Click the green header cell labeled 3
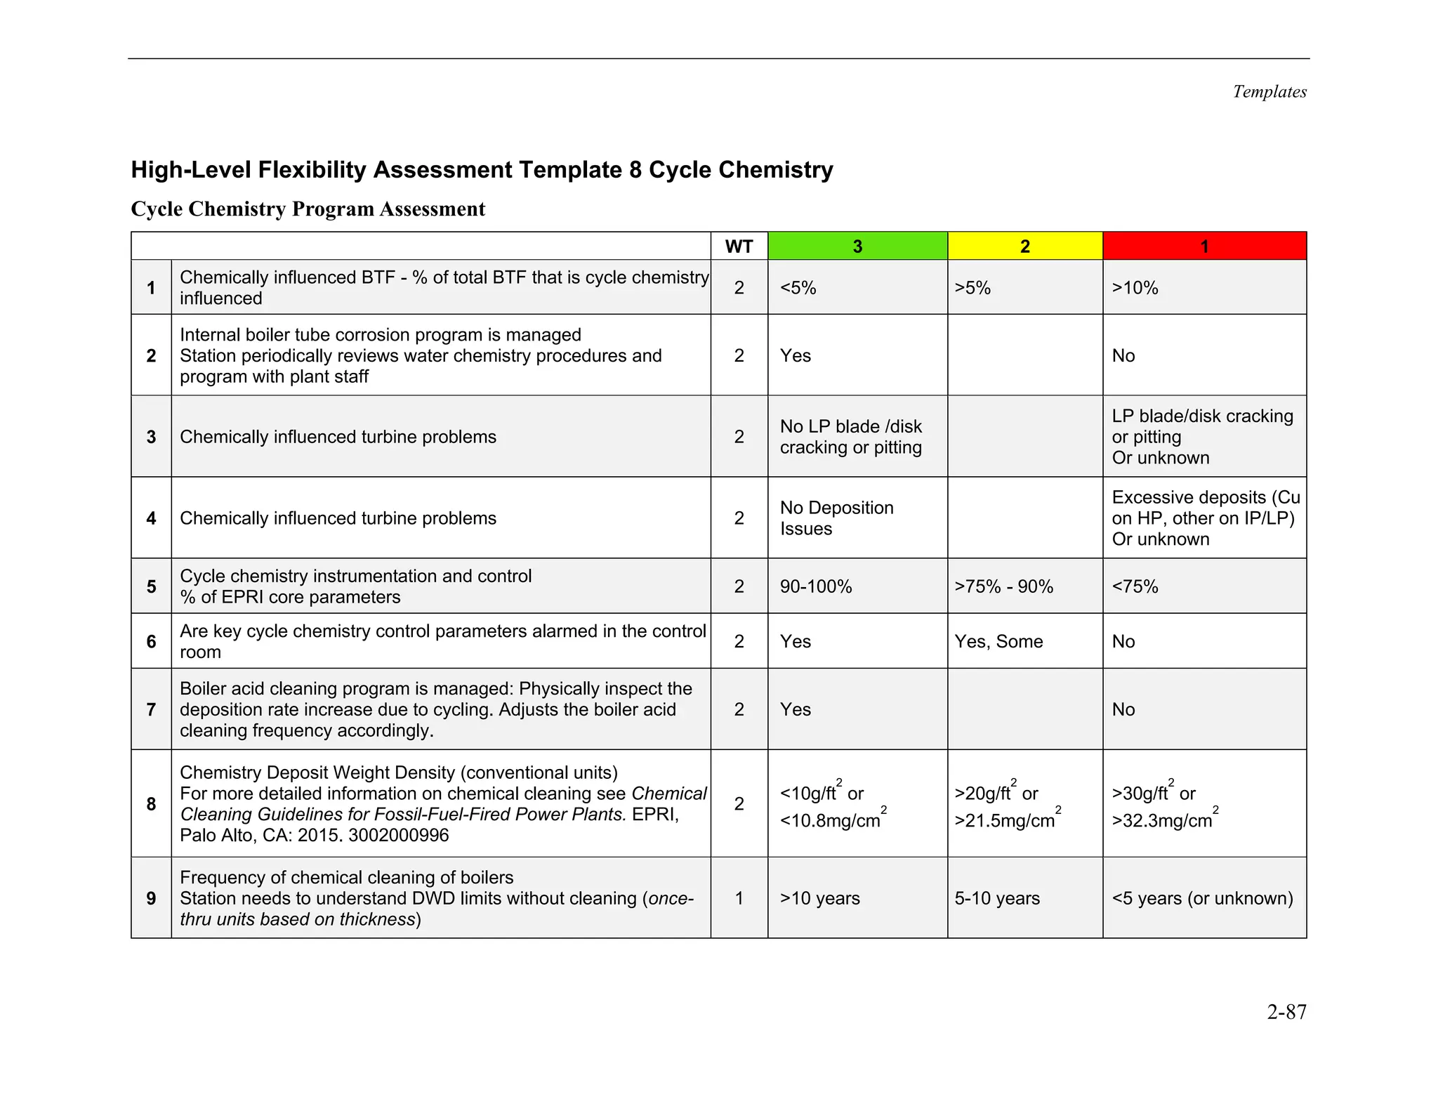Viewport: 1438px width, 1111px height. pos(857,246)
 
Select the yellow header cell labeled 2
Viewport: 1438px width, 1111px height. pos(1024,246)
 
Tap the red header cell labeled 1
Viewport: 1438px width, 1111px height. pos(1204,246)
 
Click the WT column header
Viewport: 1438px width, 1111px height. pos(739,246)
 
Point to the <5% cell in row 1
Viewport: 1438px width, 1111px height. pos(798,288)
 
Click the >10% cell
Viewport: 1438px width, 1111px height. pos(1135,288)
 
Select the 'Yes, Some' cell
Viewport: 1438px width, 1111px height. pos(998,641)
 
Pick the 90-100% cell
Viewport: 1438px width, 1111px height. pos(816,586)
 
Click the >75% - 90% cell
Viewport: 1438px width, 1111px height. pos(1003,586)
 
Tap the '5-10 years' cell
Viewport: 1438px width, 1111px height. pos(997,898)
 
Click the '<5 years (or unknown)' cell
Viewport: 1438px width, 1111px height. pos(1202,898)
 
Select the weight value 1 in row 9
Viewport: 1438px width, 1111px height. pos(739,898)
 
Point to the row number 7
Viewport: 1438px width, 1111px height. pos(151,709)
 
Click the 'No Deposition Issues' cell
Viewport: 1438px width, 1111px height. pos(836,518)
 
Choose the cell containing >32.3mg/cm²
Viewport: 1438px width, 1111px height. pos(1163,820)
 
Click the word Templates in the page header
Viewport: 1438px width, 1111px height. pos(1269,92)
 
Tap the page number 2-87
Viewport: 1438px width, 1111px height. pos(1286,1012)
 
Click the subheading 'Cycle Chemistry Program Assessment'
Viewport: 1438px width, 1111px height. pos(308,209)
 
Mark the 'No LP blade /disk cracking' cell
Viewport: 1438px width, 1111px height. pos(850,437)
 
